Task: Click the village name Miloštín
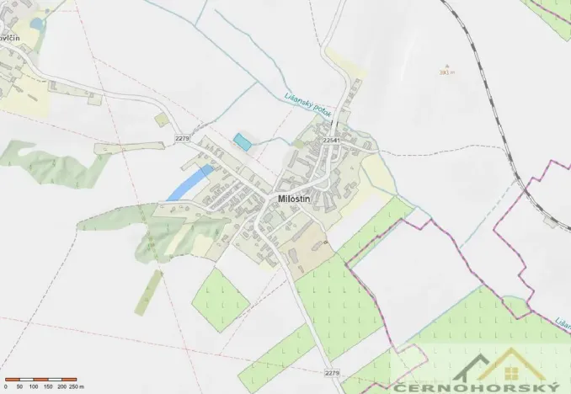[296, 198]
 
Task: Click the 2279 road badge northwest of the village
[184, 137]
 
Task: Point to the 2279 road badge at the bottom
[332, 372]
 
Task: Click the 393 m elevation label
[446, 72]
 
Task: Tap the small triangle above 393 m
[447, 65]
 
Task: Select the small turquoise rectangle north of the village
[243, 141]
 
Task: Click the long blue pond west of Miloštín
[189, 183]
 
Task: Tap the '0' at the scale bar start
[5, 386]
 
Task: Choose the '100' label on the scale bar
[33, 386]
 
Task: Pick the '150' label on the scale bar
[47, 386]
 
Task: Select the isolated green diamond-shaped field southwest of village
[221, 300]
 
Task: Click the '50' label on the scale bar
[19, 386]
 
